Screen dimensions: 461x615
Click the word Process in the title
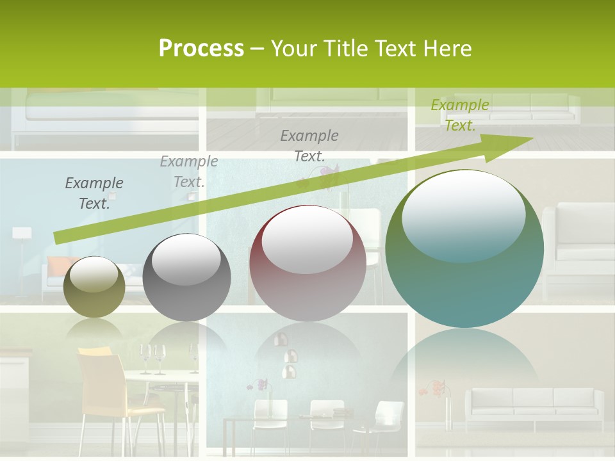point(201,49)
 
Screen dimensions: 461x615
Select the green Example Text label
point(460,115)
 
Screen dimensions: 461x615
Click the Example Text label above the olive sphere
point(94,193)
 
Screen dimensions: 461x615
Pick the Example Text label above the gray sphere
point(189,172)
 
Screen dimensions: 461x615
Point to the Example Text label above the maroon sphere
point(309,145)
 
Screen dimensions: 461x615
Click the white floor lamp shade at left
point(21,232)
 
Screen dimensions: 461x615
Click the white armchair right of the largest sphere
point(577,243)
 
